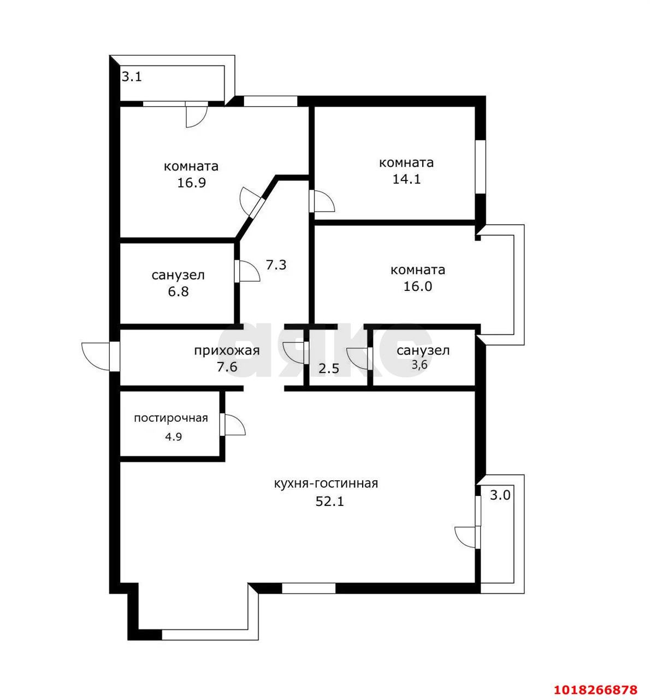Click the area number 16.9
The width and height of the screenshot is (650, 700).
(191, 183)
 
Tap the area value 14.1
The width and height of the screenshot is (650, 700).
(407, 179)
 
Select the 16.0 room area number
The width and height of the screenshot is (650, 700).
(418, 286)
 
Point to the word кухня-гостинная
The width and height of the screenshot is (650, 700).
(326, 483)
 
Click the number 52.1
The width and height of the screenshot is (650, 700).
(329, 501)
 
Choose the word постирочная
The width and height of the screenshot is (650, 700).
(171, 418)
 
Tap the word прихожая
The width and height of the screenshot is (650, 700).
(227, 351)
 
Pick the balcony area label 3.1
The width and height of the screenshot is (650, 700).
(132, 77)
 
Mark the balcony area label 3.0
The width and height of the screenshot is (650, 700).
(500, 495)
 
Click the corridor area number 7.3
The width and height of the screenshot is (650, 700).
(276, 265)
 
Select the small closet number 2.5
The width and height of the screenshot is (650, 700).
(328, 369)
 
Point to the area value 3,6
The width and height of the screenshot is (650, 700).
(419, 365)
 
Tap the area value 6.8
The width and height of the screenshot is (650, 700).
(178, 291)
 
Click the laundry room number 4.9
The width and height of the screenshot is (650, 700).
(174, 437)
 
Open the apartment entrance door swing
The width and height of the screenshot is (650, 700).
(96, 356)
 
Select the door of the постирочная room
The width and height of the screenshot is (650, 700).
(232, 424)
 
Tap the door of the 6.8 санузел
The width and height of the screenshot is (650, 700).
(247, 271)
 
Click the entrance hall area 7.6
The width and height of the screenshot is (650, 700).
(227, 367)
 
